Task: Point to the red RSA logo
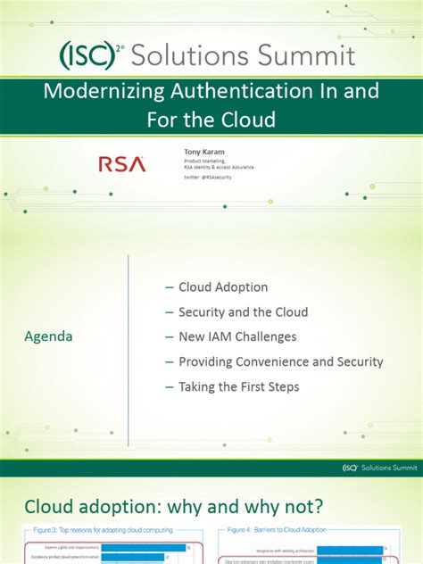[118, 164]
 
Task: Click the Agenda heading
[48, 336]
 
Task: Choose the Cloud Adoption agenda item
[223, 287]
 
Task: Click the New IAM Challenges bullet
[237, 336]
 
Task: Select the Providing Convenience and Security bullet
[280, 361]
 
